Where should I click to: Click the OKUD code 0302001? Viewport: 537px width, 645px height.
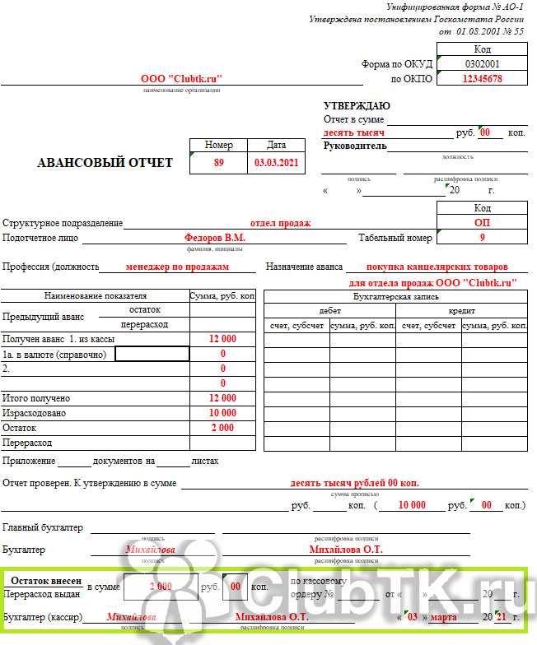tap(482, 63)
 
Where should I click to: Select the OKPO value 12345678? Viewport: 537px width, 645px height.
tap(482, 79)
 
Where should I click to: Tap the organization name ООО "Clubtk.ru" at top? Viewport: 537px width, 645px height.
tap(182, 79)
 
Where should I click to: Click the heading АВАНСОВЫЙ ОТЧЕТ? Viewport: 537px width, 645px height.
tap(105, 163)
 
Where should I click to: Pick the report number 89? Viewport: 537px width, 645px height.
tap(219, 163)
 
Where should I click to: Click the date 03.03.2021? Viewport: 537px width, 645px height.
tap(276, 163)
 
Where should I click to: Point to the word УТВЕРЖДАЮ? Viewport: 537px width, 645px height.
tap(357, 106)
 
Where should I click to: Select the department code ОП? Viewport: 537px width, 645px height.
tap(482, 223)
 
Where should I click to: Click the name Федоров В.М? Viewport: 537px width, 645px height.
tap(214, 238)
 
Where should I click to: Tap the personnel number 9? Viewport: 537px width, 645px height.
tap(482, 238)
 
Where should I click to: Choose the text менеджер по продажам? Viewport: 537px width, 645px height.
tap(178, 267)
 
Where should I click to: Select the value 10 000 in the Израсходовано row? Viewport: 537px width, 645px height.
tap(222, 413)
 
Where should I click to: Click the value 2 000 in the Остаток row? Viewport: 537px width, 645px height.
tap(222, 428)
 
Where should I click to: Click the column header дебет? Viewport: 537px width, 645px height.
tap(329, 311)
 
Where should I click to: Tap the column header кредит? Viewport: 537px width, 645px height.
tap(461, 311)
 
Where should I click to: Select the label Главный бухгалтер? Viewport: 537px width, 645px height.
tap(43, 527)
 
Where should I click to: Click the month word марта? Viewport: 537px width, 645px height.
tap(443, 617)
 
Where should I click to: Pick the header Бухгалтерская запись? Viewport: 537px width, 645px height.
tap(395, 296)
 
